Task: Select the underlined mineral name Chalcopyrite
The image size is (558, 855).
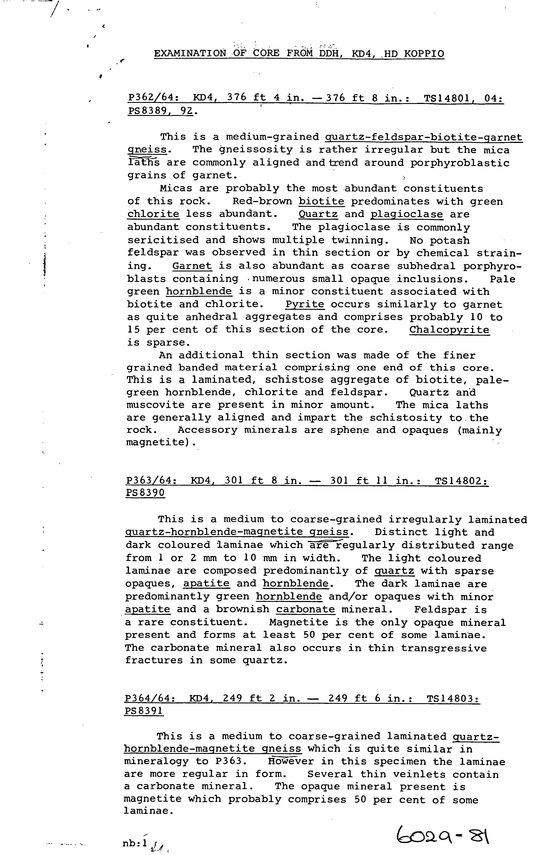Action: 449,330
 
